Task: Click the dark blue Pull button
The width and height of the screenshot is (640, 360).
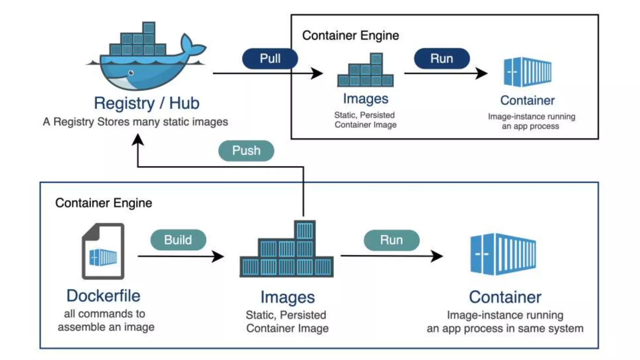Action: click(x=270, y=58)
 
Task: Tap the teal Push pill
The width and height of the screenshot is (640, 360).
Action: click(x=246, y=151)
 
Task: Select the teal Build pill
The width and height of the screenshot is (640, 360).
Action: click(x=178, y=240)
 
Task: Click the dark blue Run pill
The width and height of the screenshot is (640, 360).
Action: click(x=442, y=58)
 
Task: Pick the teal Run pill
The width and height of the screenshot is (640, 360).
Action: click(x=392, y=240)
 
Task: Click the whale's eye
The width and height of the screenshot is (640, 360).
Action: click(x=131, y=73)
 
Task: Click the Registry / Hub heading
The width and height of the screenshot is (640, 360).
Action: click(x=147, y=103)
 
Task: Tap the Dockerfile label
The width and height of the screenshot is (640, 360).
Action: click(x=103, y=296)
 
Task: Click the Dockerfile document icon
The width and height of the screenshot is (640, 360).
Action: click(x=103, y=251)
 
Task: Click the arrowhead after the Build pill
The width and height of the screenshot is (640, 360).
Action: click(x=218, y=256)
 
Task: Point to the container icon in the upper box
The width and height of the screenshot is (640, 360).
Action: click(x=527, y=72)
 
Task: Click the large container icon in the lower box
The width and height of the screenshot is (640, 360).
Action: click(x=503, y=254)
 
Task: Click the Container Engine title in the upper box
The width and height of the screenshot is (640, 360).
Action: click(x=350, y=36)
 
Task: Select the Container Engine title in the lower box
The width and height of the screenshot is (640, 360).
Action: click(x=104, y=203)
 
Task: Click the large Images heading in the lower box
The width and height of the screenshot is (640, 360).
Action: click(x=287, y=297)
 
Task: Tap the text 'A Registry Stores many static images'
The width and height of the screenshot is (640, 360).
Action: click(x=135, y=122)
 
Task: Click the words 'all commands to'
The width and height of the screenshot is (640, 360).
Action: click(x=105, y=314)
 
